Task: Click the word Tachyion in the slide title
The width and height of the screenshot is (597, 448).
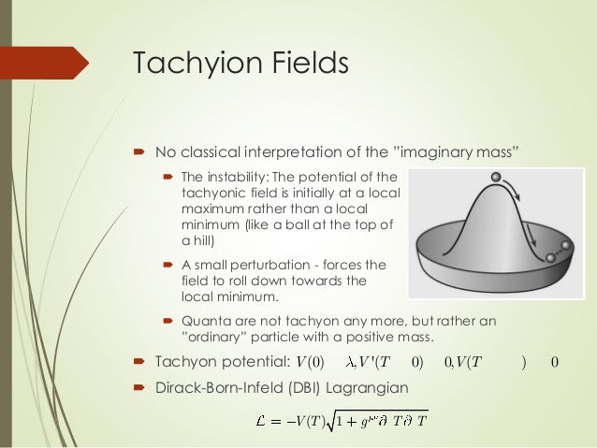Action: point(188,65)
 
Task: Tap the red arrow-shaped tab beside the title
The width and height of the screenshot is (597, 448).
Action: point(43,64)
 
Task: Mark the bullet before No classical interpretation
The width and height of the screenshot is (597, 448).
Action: point(137,152)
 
